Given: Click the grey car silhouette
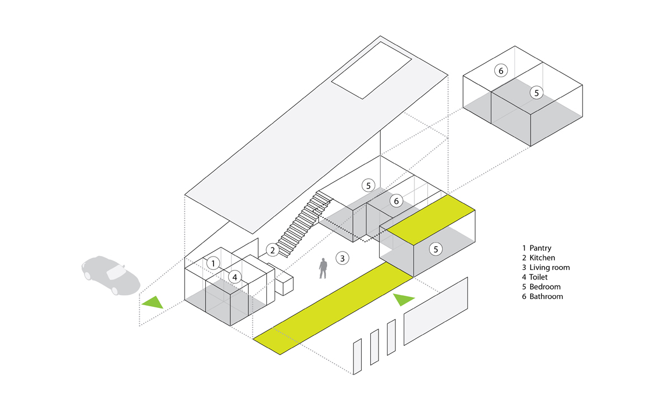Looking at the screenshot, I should tap(110, 274).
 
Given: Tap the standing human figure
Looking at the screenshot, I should tap(323, 268).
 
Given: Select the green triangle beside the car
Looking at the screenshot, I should tap(152, 302).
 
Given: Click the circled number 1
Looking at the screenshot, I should tap(212, 263).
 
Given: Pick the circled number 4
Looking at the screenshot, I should tap(235, 276).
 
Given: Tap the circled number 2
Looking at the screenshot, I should tap(272, 250).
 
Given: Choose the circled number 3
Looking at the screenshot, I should tap(342, 258).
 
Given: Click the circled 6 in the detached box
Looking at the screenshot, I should tap(501, 70).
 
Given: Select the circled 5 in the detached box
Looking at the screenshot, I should tap(536, 93).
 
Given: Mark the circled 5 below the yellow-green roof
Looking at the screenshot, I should tap(436, 249).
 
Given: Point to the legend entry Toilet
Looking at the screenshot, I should tap(539, 277).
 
